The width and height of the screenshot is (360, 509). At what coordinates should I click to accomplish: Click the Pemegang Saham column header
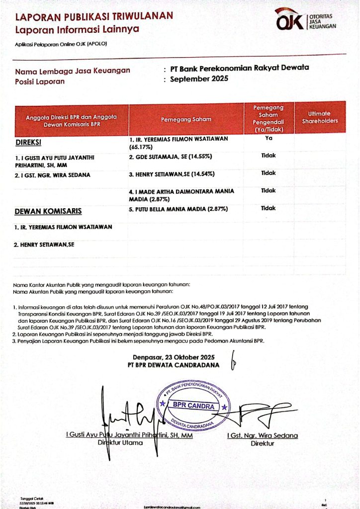[x=186, y=119]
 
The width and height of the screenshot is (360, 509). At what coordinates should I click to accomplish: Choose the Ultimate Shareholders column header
[x=320, y=117]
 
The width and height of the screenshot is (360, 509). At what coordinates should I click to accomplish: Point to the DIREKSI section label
[x=28, y=142]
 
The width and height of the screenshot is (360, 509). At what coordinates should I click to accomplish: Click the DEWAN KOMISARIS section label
[x=48, y=211]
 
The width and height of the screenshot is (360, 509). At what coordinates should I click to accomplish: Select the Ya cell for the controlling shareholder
[x=269, y=139]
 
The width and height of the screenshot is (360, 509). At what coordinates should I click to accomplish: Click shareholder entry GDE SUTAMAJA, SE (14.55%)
[x=171, y=157]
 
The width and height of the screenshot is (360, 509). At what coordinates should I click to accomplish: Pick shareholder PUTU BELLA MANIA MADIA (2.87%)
[x=178, y=209]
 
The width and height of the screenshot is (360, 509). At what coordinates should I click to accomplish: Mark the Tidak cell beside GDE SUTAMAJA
[x=269, y=156]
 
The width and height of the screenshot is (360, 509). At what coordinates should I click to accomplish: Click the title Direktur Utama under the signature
[x=119, y=442]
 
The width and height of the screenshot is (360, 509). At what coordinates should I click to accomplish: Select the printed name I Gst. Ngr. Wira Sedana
[x=262, y=435]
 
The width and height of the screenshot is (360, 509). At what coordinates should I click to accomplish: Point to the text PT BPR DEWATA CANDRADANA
[x=173, y=365]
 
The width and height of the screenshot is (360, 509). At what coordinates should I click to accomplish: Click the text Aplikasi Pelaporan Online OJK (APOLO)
[x=61, y=44]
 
